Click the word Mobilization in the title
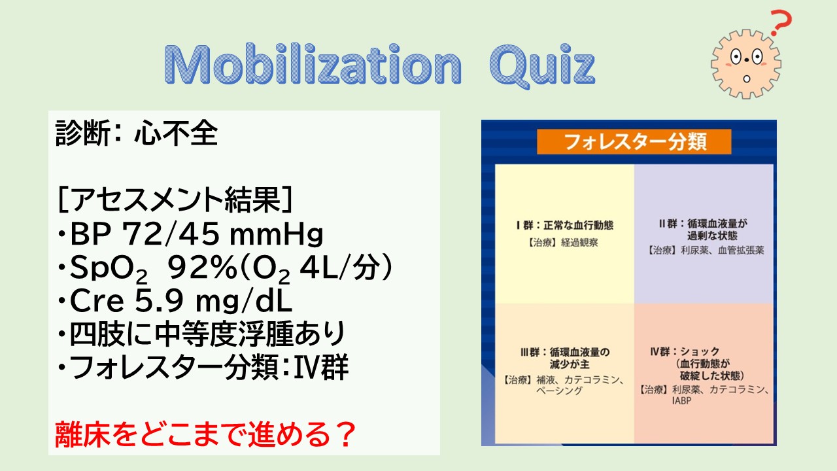(313, 64)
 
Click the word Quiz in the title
(542, 67)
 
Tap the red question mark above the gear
(781, 23)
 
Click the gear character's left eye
(736, 57)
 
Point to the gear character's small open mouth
(747, 79)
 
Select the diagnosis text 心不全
(176, 133)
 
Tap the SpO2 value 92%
(202, 268)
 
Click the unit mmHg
(276, 235)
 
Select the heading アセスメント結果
(175, 200)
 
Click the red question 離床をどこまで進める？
(205, 434)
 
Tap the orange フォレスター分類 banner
(634, 142)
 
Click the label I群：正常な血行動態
(564, 226)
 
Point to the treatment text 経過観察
(579, 243)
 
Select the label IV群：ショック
(685, 352)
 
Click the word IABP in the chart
(681, 401)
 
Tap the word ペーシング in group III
(559, 391)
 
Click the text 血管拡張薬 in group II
(741, 250)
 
